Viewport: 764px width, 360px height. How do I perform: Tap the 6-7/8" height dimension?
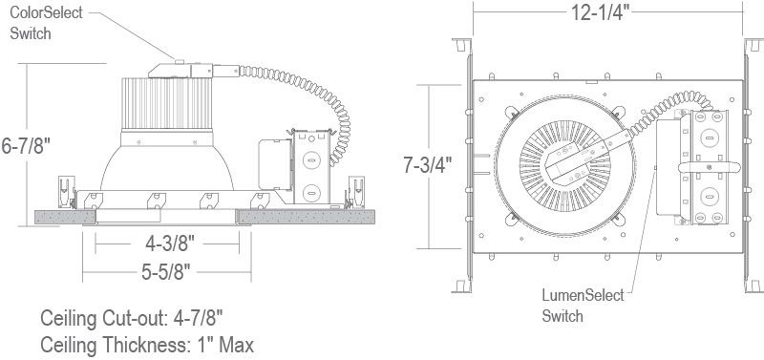tap(26, 146)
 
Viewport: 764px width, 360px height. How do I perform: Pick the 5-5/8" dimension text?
tap(165, 272)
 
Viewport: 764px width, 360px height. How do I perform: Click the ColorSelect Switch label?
tap(46, 23)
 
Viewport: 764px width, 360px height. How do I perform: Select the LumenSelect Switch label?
tap(583, 306)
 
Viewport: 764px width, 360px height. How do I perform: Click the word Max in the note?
tap(236, 346)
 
